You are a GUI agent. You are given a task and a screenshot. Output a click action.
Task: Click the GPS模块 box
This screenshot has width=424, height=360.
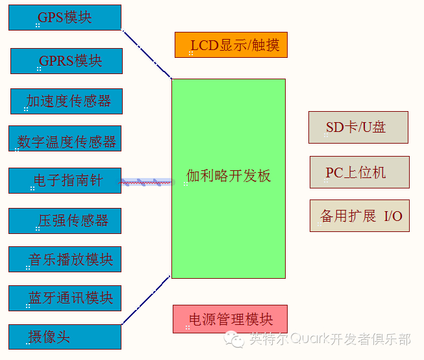click(x=65, y=18)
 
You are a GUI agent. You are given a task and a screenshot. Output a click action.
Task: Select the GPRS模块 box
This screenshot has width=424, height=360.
click(x=66, y=61)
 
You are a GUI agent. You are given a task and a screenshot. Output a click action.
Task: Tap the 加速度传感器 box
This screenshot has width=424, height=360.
click(x=66, y=101)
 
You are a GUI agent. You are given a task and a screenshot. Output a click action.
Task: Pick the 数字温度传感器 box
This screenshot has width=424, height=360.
click(x=65, y=140)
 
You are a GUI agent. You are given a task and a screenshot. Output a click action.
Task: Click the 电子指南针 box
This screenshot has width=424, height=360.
click(x=65, y=180)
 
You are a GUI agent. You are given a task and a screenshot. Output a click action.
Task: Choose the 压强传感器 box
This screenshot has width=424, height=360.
click(x=65, y=220)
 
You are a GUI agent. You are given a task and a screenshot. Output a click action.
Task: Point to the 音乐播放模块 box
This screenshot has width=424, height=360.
click(x=65, y=259)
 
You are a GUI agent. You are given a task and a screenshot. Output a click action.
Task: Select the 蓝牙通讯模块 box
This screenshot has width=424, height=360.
click(x=65, y=298)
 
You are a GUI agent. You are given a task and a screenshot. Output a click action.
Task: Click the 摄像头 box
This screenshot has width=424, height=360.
click(x=65, y=337)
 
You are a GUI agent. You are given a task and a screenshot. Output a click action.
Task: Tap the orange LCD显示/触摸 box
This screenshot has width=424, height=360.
click(x=231, y=45)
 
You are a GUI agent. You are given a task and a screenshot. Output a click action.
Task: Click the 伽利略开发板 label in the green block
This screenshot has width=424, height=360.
click(x=229, y=175)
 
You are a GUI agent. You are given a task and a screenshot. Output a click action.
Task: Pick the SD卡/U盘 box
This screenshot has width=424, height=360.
click(x=358, y=127)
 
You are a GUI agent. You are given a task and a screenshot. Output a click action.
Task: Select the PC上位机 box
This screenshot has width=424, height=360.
click(x=359, y=172)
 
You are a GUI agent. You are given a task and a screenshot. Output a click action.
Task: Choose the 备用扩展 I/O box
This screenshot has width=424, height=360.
click(x=359, y=216)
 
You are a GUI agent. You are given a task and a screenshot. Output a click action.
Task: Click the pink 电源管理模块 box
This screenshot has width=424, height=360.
click(x=230, y=319)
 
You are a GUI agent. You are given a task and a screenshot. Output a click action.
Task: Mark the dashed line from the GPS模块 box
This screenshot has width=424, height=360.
click(x=147, y=54)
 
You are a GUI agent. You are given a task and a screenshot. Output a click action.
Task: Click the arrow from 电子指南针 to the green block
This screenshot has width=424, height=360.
click(x=147, y=182)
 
